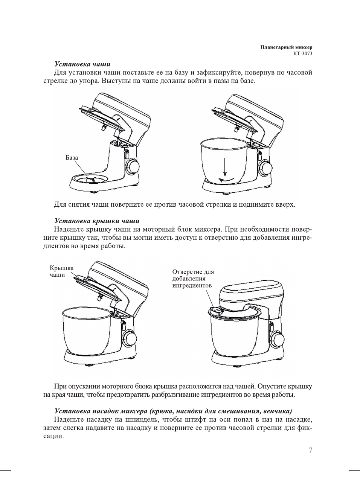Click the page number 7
click(x=310, y=450)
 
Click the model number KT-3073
click(x=303, y=53)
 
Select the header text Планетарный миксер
click(x=286, y=47)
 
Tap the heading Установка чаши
click(x=82, y=64)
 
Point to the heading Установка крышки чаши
click(x=97, y=221)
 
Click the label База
click(x=72, y=157)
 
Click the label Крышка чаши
click(x=61, y=271)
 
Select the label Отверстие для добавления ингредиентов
click(x=193, y=279)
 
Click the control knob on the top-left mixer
click(x=133, y=166)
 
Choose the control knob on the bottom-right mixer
click(x=278, y=340)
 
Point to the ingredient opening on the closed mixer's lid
click(x=216, y=311)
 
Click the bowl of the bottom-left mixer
click(x=87, y=329)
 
